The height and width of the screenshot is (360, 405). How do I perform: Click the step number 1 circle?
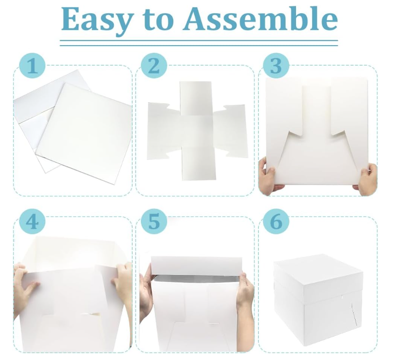tap(32, 66)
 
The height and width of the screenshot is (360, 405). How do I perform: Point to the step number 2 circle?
tap(154, 66)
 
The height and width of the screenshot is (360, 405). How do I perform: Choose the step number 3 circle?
tap(276, 66)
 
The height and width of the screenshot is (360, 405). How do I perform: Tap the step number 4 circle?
tap(32, 222)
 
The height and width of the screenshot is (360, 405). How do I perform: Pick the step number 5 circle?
tap(154, 222)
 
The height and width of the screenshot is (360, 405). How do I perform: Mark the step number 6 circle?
tap(276, 222)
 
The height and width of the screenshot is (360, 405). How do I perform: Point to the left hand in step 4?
tap(24, 284)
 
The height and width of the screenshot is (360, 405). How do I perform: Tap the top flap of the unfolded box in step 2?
tap(196, 98)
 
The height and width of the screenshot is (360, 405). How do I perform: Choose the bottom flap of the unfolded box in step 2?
tap(198, 164)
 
